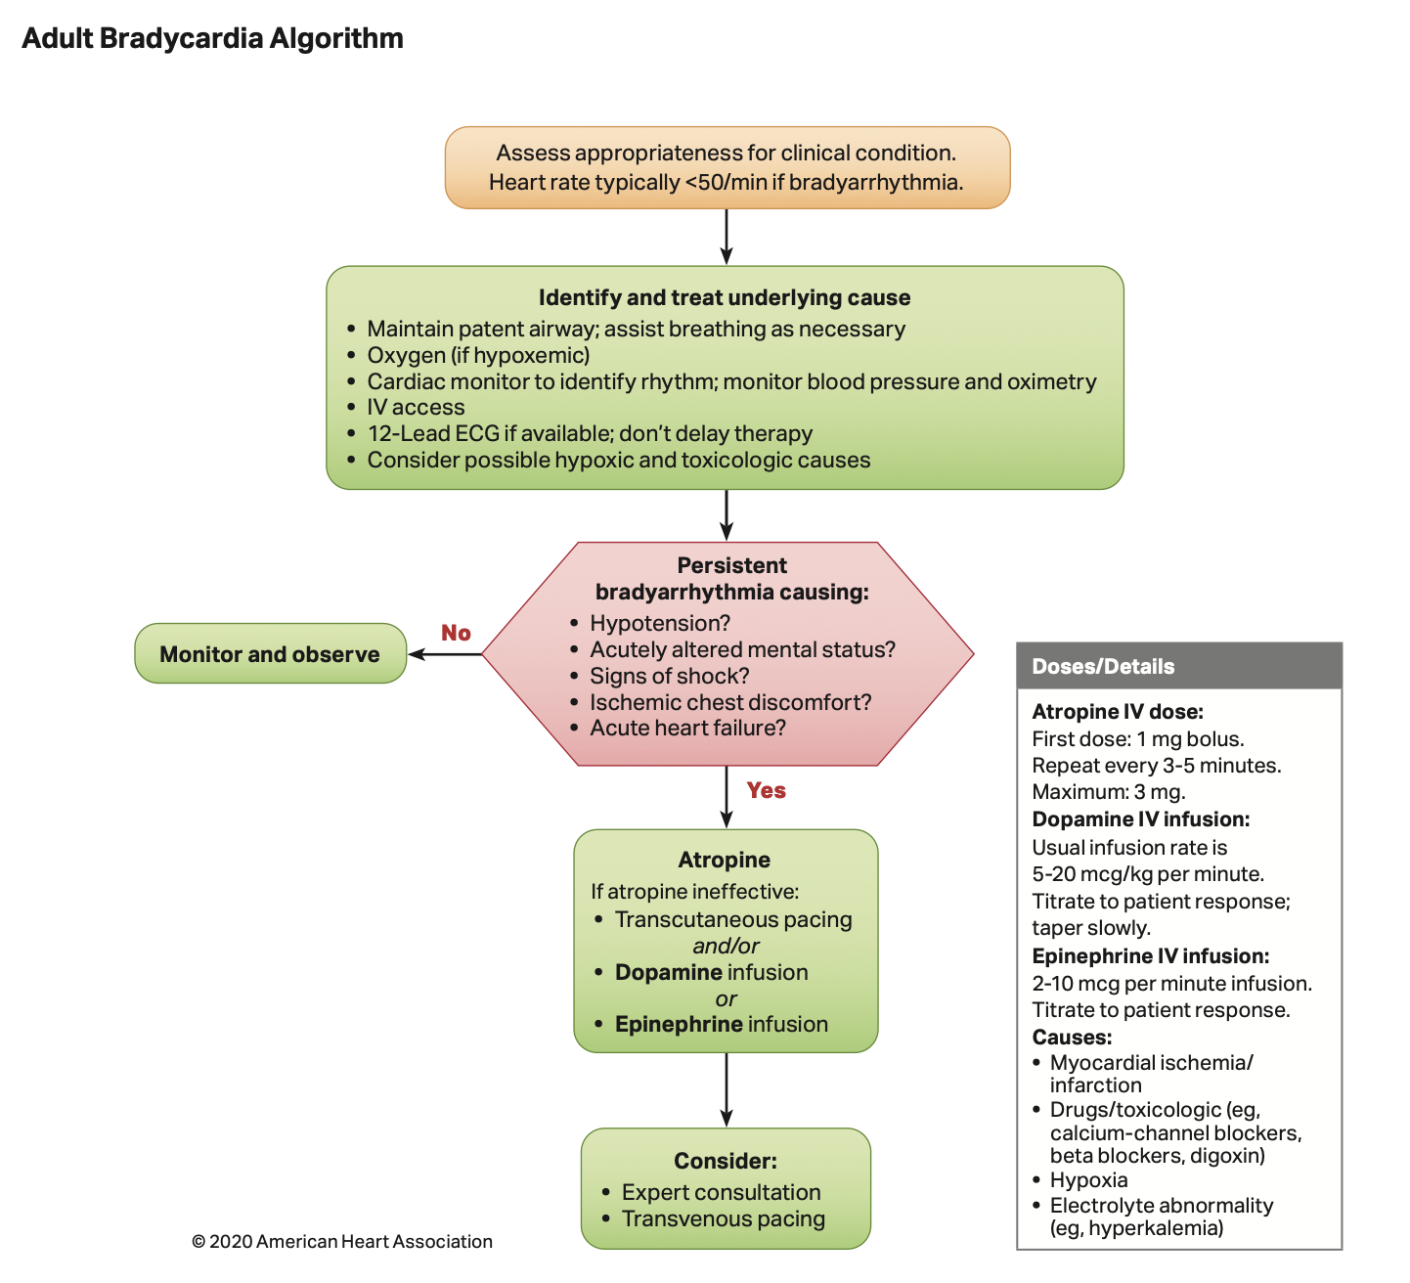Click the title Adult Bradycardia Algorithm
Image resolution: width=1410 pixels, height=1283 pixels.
pyautogui.click(x=212, y=38)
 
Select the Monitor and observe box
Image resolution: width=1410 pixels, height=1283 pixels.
pyautogui.click(x=270, y=654)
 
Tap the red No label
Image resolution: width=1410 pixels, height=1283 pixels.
pyautogui.click(x=456, y=633)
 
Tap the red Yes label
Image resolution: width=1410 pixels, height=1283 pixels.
pyautogui.click(x=766, y=790)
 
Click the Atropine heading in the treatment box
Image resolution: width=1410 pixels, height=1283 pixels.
pyautogui.click(x=724, y=860)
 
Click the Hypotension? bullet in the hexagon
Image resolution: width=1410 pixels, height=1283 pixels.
pyautogui.click(x=660, y=623)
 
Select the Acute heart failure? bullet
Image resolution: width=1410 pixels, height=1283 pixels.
pyautogui.click(x=687, y=728)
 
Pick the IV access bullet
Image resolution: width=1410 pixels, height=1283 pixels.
pyautogui.click(x=416, y=407)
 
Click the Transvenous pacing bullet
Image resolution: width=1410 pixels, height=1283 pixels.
pyautogui.click(x=723, y=1218)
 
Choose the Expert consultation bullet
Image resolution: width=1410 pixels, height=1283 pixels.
pyautogui.click(x=721, y=1192)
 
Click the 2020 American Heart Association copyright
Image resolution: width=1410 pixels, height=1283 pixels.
pyautogui.click(x=342, y=1241)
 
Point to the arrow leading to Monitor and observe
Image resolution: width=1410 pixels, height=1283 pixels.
pyautogui.click(x=445, y=654)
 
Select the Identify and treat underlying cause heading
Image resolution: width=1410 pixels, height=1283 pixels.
pyautogui.click(x=724, y=297)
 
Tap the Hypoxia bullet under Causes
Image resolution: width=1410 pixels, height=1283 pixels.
pyautogui.click(x=1088, y=1180)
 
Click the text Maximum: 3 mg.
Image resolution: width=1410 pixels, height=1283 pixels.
pyautogui.click(x=1108, y=792)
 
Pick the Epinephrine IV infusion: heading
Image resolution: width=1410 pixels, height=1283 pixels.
pyautogui.click(x=1150, y=955)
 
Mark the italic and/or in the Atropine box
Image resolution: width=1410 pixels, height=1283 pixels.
pyautogui.click(x=726, y=946)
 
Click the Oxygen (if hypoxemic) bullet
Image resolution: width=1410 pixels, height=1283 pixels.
pyautogui.click(x=478, y=355)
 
